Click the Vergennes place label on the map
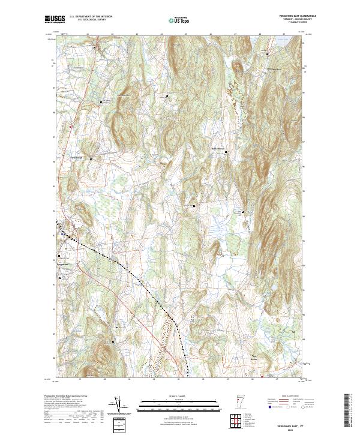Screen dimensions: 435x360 64,263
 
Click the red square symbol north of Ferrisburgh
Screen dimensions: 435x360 70,126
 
